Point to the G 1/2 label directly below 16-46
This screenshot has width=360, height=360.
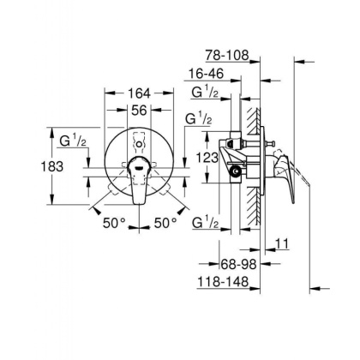tap(203, 93)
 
